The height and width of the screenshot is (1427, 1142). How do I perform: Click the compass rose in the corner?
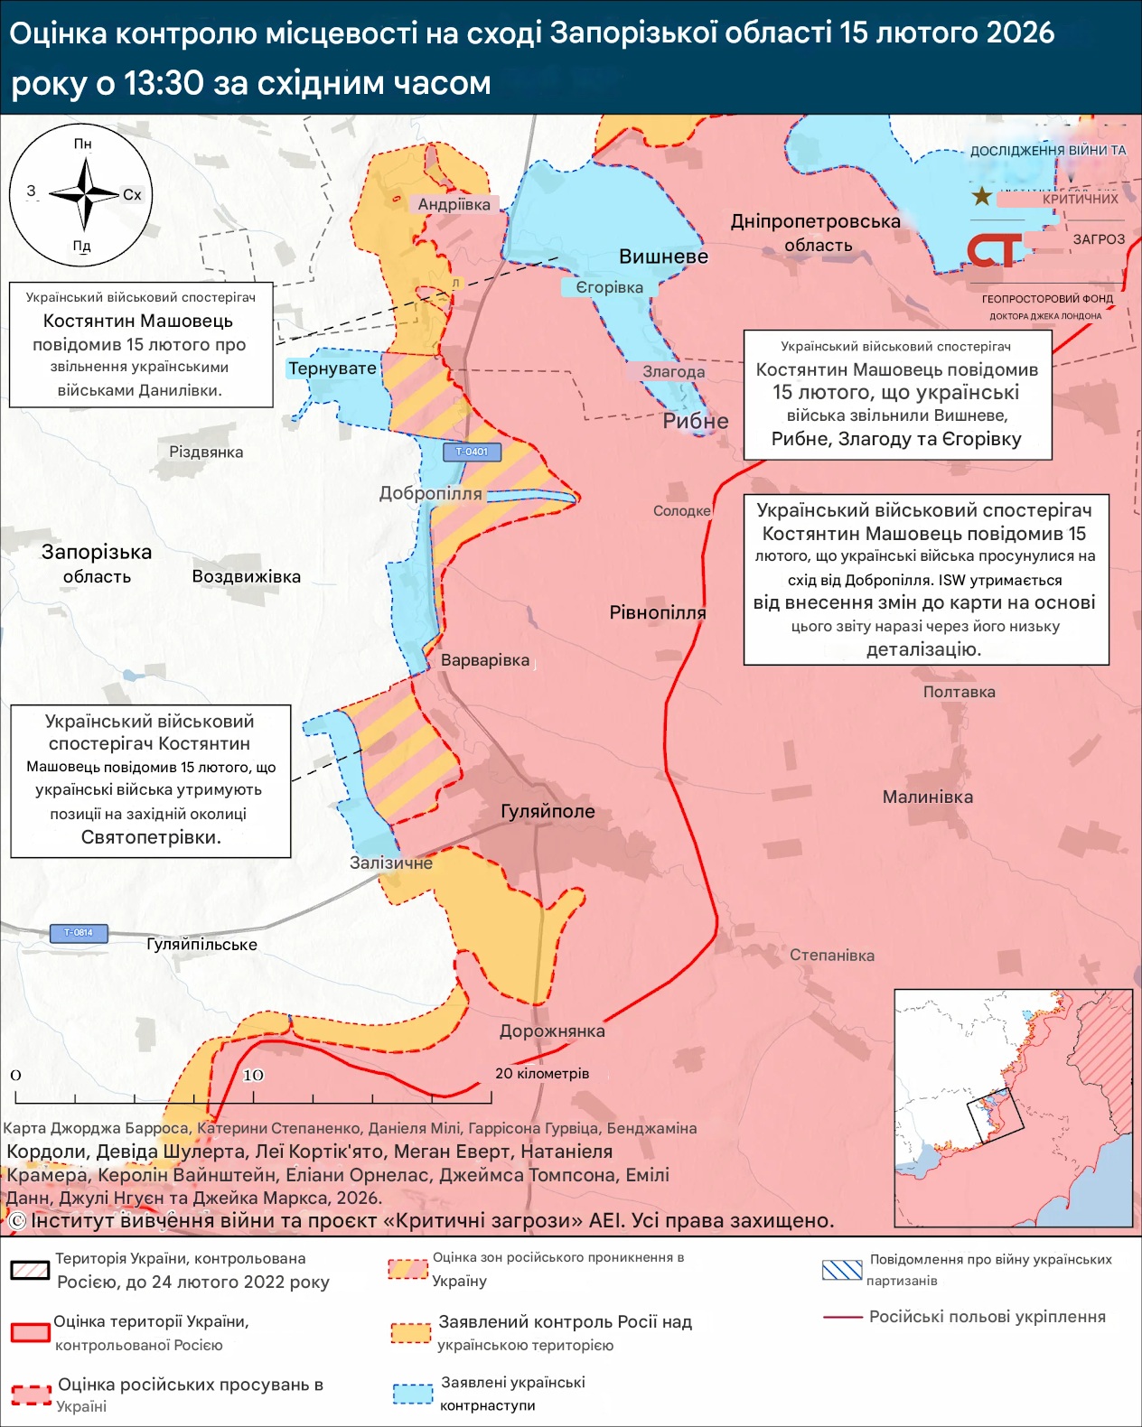[82, 194]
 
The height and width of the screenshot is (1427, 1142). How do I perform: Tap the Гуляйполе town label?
[548, 811]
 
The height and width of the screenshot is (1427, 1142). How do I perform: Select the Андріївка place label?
[454, 204]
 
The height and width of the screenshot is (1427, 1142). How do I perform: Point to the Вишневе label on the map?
[663, 256]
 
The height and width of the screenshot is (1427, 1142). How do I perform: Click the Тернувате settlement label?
[332, 368]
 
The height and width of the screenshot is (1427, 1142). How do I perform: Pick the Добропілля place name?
[430, 494]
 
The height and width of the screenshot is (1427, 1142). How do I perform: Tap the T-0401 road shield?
[472, 452]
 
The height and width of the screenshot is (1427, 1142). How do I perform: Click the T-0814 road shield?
[79, 933]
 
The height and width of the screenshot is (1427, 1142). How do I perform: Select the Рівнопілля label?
[658, 612]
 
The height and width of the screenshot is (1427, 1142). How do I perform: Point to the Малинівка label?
[928, 797]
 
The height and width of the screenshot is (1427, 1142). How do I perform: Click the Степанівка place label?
[832, 956]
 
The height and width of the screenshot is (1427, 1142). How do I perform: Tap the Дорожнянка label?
[552, 1031]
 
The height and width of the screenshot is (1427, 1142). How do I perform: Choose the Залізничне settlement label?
[391, 863]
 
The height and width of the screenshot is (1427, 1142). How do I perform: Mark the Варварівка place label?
[485, 660]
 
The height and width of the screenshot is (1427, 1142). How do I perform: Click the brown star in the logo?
[981, 196]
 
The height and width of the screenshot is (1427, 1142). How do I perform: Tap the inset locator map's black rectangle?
[996, 1116]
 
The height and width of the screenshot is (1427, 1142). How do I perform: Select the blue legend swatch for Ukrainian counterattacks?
[413, 1394]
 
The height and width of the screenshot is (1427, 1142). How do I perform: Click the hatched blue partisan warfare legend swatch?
[842, 1270]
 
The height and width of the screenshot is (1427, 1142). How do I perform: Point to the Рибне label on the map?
[696, 421]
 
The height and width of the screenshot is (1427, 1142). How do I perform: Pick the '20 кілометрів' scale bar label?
[542, 1074]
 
